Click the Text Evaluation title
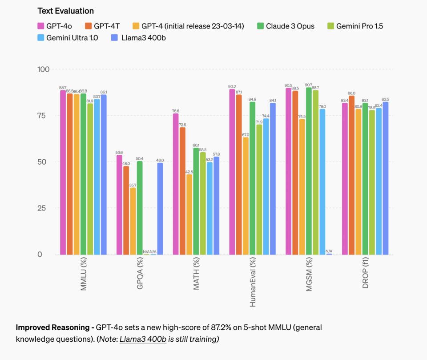pyautogui.click(x=65, y=11)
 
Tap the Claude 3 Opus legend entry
pyautogui.click(x=285, y=26)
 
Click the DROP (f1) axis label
pyautogui.click(x=366, y=277)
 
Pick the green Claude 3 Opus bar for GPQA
pyautogui.click(x=139, y=207)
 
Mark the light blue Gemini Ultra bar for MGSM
pyautogui.click(x=322, y=182)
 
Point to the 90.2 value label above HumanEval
pyautogui.click(x=232, y=86)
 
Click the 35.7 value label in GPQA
pyautogui.click(x=133, y=185)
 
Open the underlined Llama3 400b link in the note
pyautogui.click(x=143, y=339)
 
